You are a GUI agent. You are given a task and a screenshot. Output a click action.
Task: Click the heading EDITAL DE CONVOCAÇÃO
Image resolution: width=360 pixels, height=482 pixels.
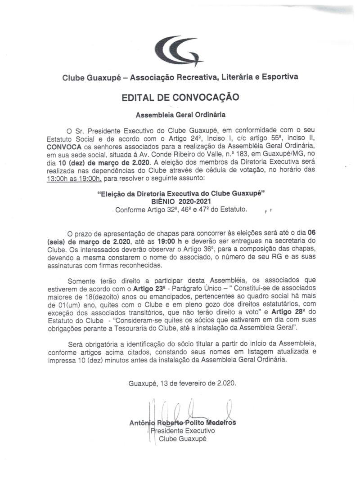coord(180,97)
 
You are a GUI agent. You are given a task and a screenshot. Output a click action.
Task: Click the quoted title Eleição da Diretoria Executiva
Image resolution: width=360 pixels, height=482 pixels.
coord(180,195)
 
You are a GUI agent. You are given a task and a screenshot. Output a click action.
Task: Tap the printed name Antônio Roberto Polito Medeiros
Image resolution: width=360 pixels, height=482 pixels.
coord(182,423)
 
